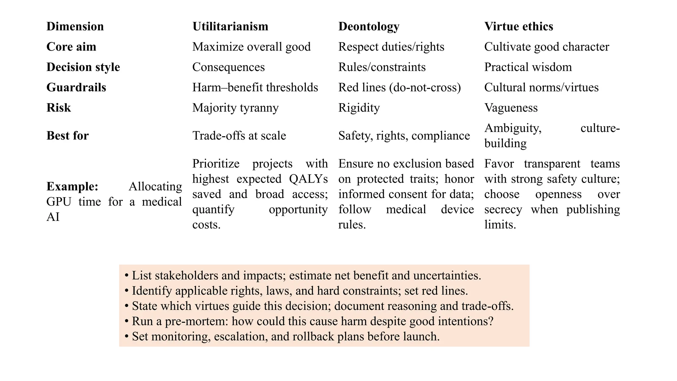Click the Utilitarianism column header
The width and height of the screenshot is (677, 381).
click(230, 26)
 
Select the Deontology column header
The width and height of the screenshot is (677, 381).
click(369, 26)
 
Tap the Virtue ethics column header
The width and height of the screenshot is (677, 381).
click(518, 26)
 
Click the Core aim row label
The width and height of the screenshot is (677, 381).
click(71, 47)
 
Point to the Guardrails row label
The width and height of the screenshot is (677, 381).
click(76, 87)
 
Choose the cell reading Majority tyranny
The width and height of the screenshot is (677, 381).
click(235, 108)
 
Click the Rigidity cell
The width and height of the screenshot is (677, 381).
click(359, 108)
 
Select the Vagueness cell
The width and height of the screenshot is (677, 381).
click(511, 108)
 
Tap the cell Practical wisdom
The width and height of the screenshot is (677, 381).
click(528, 67)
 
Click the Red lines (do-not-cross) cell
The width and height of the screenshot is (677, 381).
click(399, 87)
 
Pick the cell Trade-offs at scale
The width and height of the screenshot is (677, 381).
click(239, 136)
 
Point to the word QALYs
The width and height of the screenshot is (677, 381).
click(308, 179)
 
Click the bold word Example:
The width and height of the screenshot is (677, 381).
click(72, 187)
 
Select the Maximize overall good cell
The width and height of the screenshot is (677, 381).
click(251, 47)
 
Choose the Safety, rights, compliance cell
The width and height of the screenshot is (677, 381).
click(404, 136)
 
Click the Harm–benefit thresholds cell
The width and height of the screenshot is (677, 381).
click(255, 87)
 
